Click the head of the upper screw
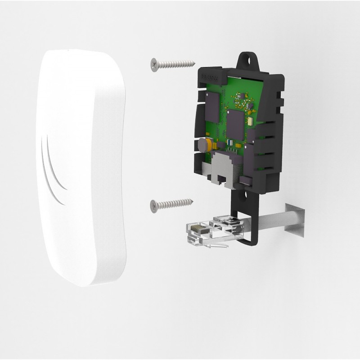154,65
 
